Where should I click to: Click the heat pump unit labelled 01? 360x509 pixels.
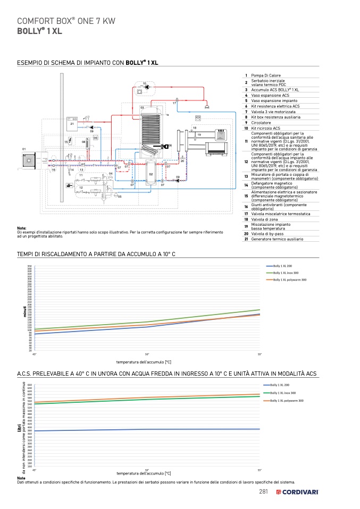[x=28, y=158]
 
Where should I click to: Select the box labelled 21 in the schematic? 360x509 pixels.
[x=72, y=125]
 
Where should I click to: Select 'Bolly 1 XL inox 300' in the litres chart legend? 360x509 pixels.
[x=283, y=393]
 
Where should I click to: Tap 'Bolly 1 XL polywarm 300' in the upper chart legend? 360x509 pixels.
[x=289, y=279]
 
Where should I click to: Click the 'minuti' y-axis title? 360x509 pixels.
[x=24, y=311]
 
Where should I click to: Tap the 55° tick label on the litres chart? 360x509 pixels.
[x=260, y=470]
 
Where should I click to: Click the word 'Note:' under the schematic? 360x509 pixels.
[x=22, y=228]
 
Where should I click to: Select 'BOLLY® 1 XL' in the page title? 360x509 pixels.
[x=40, y=31]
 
